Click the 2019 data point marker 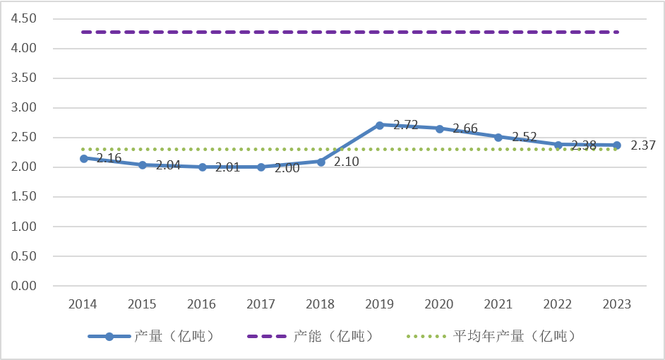[x=380, y=125]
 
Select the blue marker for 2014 [x=84, y=159]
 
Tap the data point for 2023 [x=617, y=145]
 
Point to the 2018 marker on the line [x=320, y=162]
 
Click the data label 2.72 [x=406, y=125]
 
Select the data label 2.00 [x=287, y=168]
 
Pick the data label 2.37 [x=643, y=145]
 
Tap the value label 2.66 [x=465, y=128]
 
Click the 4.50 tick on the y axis [x=25, y=19]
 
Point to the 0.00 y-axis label [x=25, y=286]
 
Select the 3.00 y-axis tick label [x=25, y=108]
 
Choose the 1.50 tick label [x=25, y=197]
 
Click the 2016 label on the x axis [x=202, y=304]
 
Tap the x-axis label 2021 [x=498, y=304]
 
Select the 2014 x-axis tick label [x=83, y=304]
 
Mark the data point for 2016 [x=203, y=167]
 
